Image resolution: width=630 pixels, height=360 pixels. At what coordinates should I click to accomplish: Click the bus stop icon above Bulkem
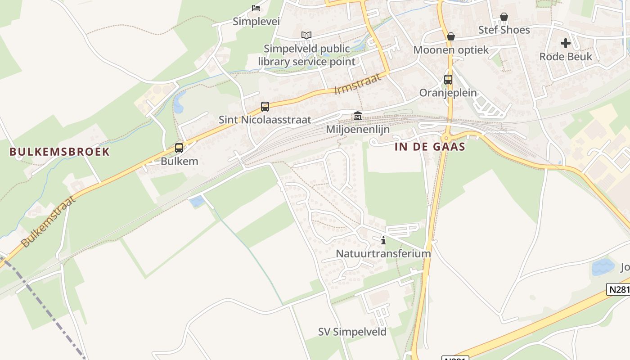(179, 148)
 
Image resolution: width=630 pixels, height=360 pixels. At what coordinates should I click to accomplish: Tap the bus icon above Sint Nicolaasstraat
(265, 107)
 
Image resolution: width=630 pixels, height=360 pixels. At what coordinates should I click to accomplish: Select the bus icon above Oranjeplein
(448, 80)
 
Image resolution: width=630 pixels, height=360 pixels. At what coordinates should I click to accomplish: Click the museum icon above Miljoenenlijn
(358, 116)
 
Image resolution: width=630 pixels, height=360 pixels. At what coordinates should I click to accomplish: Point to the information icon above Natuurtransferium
(383, 240)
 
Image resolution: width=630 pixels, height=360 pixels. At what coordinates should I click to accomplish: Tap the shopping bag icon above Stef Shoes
(504, 17)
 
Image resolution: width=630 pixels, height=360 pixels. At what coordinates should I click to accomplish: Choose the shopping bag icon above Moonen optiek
(451, 36)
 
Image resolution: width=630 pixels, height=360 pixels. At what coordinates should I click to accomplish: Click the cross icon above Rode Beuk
(566, 43)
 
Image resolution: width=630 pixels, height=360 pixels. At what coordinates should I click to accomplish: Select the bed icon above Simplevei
(256, 8)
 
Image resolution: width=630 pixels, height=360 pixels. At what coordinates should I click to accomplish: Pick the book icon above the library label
(306, 35)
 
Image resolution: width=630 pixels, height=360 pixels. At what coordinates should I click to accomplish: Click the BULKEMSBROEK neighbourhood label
(60, 152)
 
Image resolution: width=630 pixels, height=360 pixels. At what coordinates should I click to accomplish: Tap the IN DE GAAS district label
(430, 147)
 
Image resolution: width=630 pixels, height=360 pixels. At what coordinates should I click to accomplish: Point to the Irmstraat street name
(358, 84)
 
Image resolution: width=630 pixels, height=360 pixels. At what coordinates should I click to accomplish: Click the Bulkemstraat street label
(48, 220)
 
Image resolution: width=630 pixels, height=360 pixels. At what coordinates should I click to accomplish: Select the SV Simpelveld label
(352, 332)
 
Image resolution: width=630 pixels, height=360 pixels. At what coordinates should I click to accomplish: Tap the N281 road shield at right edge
(619, 289)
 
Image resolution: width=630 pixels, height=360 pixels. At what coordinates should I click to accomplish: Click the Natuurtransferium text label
(383, 253)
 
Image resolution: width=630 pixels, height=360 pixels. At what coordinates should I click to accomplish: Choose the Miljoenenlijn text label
(358, 129)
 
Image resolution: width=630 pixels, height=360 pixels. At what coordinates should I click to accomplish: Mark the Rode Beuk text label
(566, 57)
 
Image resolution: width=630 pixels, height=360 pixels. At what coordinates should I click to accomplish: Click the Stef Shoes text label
(504, 30)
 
